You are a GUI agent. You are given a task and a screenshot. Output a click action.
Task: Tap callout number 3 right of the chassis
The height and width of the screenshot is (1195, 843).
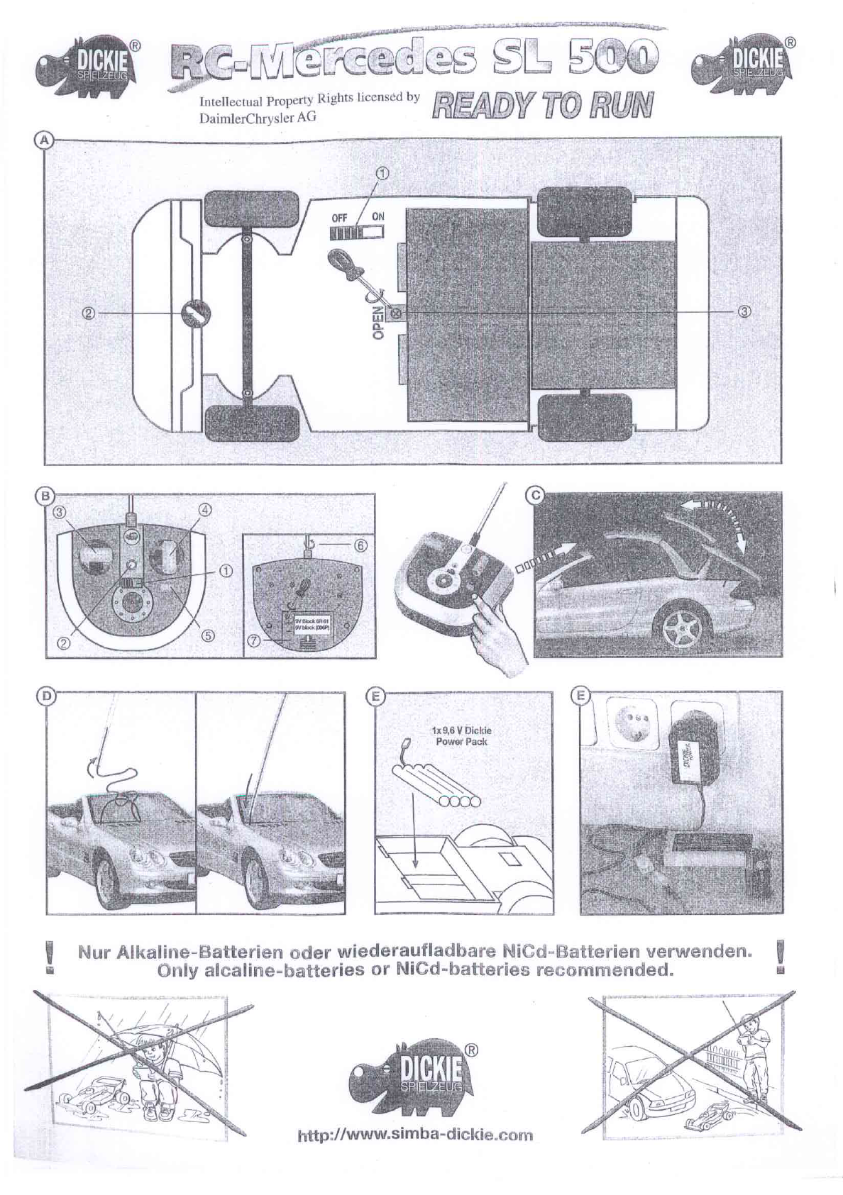(x=744, y=312)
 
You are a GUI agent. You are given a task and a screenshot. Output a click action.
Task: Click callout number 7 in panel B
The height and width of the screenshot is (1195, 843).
(x=252, y=641)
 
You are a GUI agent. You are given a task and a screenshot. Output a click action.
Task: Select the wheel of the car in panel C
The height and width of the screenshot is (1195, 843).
(x=678, y=624)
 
